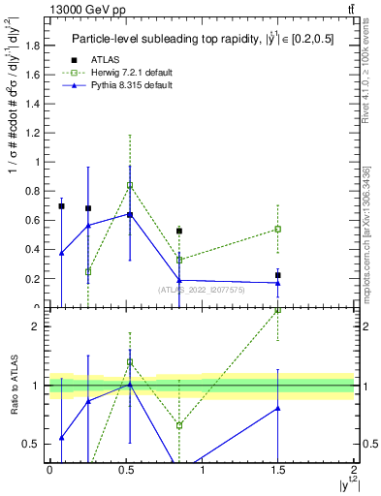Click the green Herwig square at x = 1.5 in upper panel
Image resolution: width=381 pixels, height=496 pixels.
(x=278, y=230)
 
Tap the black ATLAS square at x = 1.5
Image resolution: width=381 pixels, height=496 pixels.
(x=278, y=275)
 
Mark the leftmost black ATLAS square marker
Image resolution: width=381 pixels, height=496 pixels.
(x=61, y=206)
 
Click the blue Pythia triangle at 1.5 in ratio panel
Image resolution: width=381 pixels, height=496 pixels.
(x=278, y=408)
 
